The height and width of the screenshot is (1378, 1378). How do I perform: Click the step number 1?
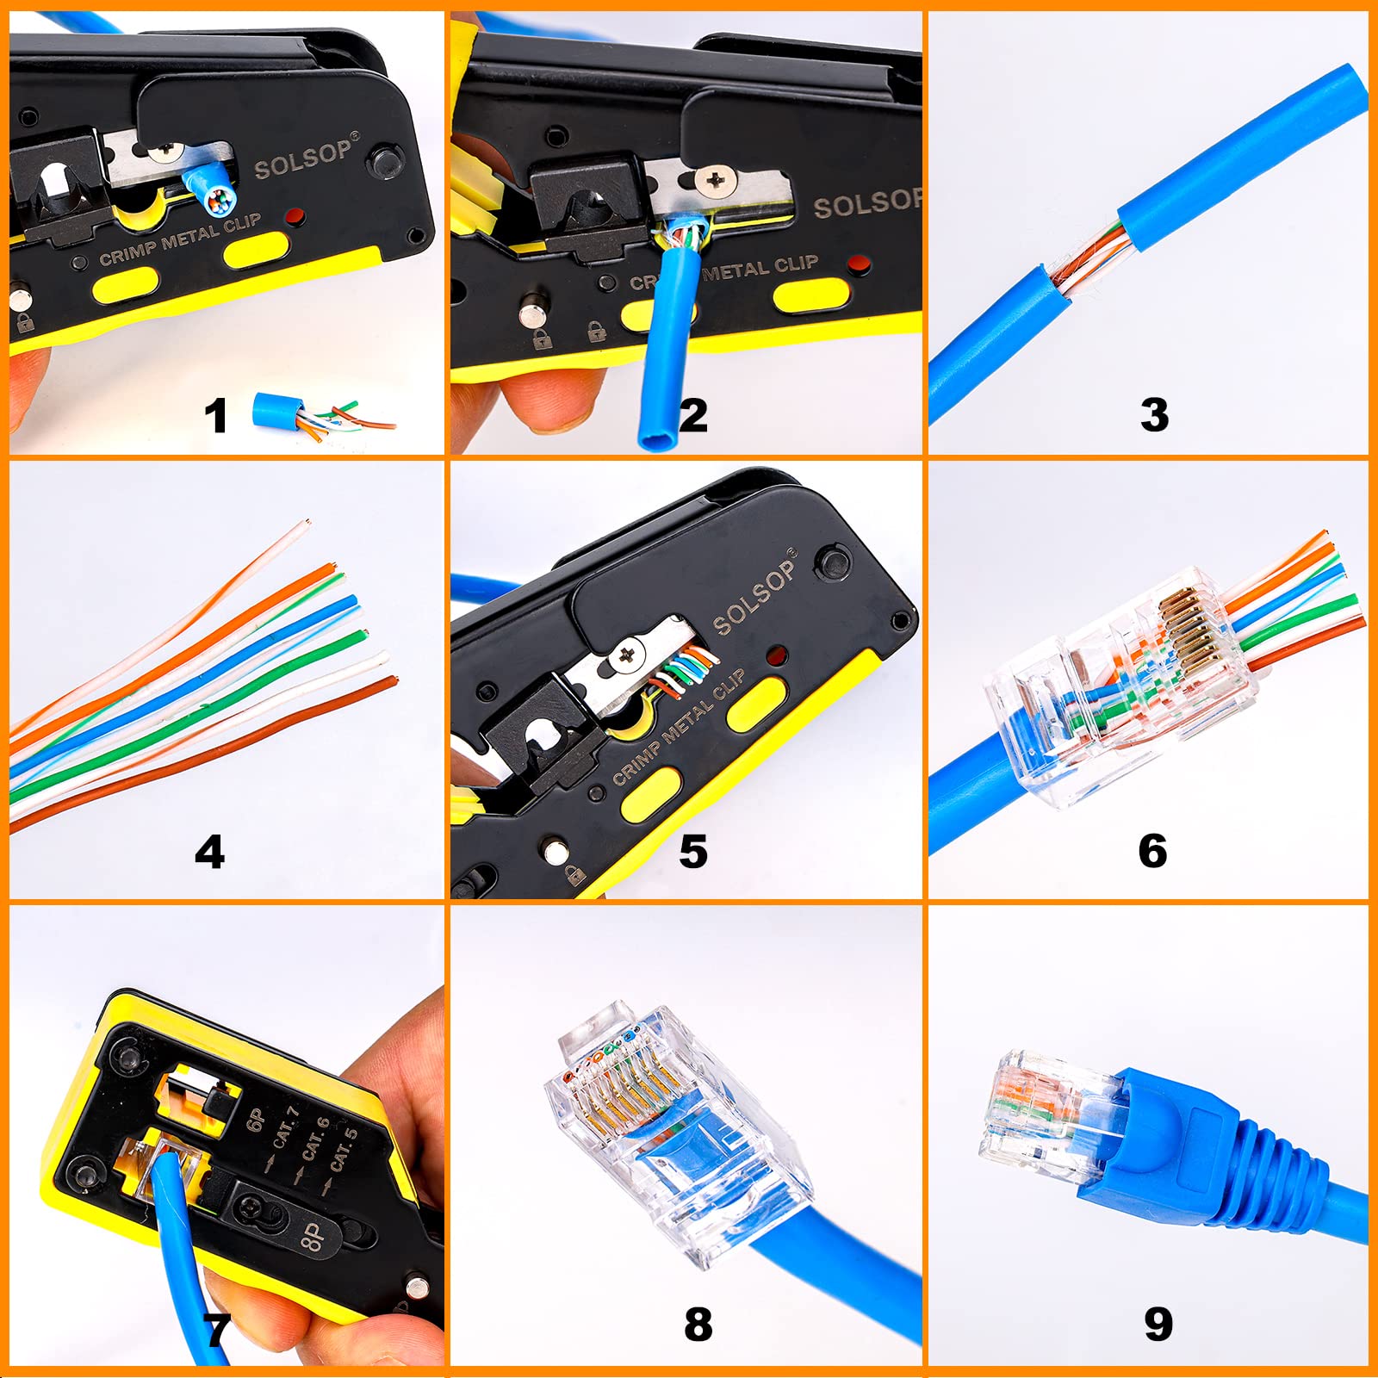click(215, 415)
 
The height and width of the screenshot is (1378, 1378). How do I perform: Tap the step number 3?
click(1154, 414)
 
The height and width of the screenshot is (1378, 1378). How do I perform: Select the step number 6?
click(1152, 851)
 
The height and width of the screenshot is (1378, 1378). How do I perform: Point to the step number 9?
click(1158, 1324)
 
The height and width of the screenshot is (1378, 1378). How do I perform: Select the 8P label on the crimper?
click(313, 1237)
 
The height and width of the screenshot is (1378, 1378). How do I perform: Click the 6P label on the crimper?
click(256, 1120)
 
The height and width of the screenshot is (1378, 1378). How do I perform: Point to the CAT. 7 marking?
click(286, 1128)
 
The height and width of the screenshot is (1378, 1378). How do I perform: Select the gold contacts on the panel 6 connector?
click(1182, 633)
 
